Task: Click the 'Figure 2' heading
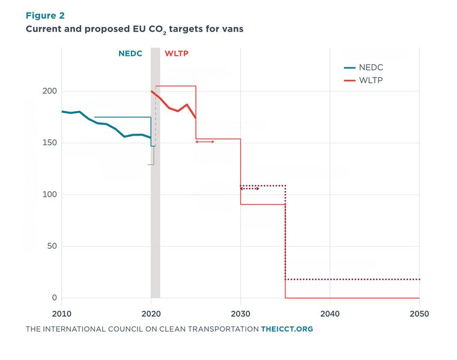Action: tap(45, 16)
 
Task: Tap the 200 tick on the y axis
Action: tap(50, 91)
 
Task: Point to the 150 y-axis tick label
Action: tap(50, 143)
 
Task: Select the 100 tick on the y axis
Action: tap(50, 194)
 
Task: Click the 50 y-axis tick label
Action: tap(52, 246)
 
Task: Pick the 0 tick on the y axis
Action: tap(55, 298)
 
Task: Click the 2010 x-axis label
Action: tap(61, 314)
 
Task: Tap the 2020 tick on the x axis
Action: tap(151, 314)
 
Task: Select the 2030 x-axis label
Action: tap(240, 314)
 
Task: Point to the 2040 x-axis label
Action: tap(330, 314)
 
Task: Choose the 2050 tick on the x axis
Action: tap(419, 314)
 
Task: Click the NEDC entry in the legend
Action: tap(363, 68)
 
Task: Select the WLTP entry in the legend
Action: tap(363, 80)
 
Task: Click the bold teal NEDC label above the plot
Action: tap(130, 53)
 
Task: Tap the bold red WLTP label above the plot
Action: tap(177, 53)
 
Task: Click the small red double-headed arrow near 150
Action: tap(205, 142)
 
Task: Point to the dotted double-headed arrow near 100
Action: tap(250, 189)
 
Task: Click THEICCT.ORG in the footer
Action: tap(287, 329)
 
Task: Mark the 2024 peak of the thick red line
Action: tap(187, 104)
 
